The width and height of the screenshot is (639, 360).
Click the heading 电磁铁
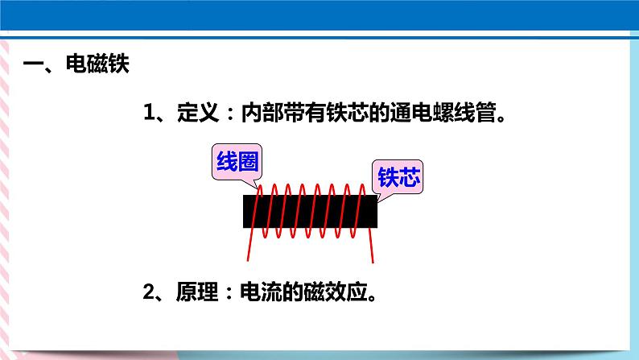tap(97, 64)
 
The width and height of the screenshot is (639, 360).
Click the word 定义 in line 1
tap(198, 112)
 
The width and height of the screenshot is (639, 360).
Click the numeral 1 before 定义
tap(150, 112)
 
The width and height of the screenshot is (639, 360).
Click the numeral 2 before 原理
tap(149, 292)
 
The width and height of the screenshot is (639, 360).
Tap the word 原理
tap(197, 292)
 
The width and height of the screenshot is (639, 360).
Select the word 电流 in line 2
tap(261, 292)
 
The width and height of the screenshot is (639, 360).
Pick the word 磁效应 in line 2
tap(336, 292)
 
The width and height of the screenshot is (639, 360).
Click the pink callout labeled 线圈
tap(237, 163)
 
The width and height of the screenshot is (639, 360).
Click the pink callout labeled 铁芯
tap(398, 177)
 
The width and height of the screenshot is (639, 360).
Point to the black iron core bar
tap(310, 211)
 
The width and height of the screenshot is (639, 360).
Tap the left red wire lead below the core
tap(249, 245)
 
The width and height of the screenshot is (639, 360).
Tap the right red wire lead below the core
tap(371, 246)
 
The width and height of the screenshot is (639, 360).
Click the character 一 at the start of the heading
tap(33, 64)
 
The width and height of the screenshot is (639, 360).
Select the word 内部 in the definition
tap(262, 112)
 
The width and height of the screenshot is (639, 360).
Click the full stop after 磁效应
tap(372, 297)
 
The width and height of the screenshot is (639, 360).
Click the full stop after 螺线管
tap(501, 118)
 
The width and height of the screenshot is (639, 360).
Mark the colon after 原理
tap(229, 292)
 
